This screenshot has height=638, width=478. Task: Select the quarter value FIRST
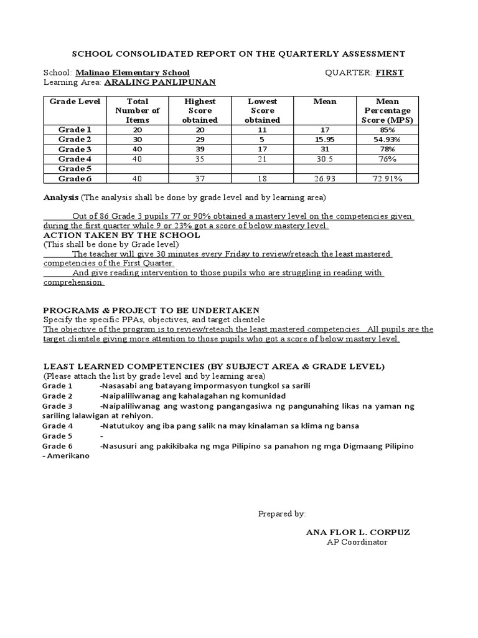389,73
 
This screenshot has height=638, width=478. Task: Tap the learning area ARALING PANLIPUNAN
159,82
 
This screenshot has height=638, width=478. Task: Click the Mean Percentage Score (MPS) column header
388,110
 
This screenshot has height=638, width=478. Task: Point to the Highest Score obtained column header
200,110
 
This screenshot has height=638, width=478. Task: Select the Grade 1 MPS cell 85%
388,130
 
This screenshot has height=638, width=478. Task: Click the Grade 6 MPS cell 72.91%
388,179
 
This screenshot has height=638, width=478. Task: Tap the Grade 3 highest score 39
200,150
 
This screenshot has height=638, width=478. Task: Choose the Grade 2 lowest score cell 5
262,140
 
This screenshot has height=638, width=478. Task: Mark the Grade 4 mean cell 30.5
325,159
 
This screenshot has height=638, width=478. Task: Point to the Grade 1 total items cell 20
138,130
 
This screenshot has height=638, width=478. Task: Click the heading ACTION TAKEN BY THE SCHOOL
121,236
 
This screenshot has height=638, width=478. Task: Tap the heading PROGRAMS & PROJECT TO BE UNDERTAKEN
151,310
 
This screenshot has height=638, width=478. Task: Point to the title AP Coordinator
357,542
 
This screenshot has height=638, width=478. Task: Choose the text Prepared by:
282,513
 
